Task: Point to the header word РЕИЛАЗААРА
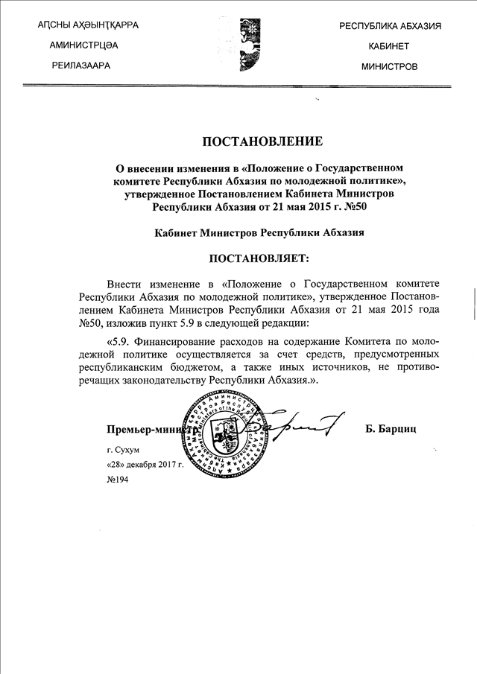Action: coord(80,66)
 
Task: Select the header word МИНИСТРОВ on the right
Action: coord(389,66)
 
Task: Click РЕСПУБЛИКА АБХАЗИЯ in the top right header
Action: coord(390,26)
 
